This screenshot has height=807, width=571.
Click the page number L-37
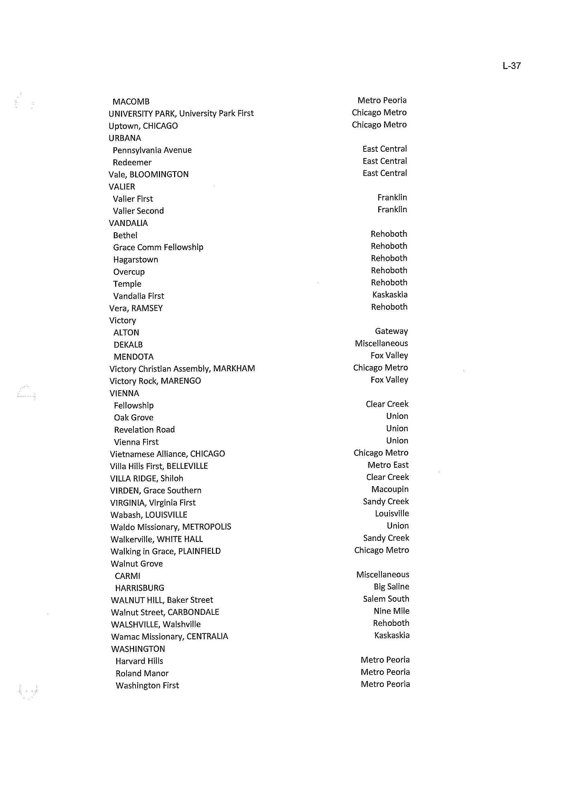[511, 66]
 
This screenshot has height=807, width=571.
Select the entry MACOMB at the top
[131, 102]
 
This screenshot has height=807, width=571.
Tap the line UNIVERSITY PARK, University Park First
[181, 114]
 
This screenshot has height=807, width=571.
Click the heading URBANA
[124, 138]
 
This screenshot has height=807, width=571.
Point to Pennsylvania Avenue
[152, 150]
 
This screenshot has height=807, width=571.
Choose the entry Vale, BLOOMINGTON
[148, 175]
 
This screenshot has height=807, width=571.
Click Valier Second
[138, 211]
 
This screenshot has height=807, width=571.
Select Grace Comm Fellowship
[158, 247]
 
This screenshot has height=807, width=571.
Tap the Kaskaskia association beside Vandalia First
[390, 295]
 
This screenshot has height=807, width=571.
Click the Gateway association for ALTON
[391, 331]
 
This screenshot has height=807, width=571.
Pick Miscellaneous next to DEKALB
[381, 343]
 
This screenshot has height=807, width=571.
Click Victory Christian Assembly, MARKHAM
[182, 369]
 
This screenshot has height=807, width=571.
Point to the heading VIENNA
[124, 393]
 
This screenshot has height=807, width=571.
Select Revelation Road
[144, 430]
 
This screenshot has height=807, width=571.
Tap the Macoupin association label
[390, 489]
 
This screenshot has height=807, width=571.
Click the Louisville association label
[392, 514]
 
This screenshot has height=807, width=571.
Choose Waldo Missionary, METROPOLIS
[171, 527]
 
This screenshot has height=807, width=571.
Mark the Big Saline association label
[391, 587]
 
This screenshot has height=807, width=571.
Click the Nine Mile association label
[391, 611]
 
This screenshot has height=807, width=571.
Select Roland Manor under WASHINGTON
[142, 673]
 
